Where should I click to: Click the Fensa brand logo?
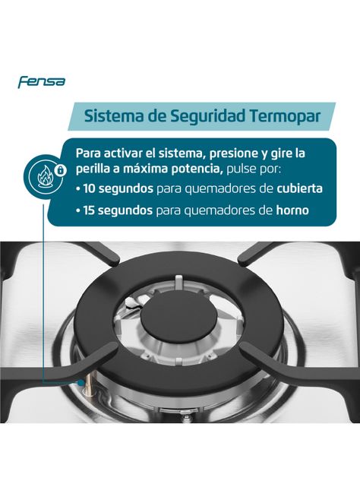point(42,82)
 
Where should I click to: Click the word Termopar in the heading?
point(285,116)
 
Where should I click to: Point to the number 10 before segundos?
point(90,189)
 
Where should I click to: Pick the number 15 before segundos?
point(90,210)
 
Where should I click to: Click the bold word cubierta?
point(299,188)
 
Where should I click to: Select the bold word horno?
point(292,210)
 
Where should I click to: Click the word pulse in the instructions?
point(239,169)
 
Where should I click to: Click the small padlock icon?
point(61,170)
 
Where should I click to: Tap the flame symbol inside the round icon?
point(46,176)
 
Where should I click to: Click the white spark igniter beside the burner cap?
point(134,302)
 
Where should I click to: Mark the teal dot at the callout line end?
point(81,382)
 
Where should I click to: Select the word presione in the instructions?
point(229,153)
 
